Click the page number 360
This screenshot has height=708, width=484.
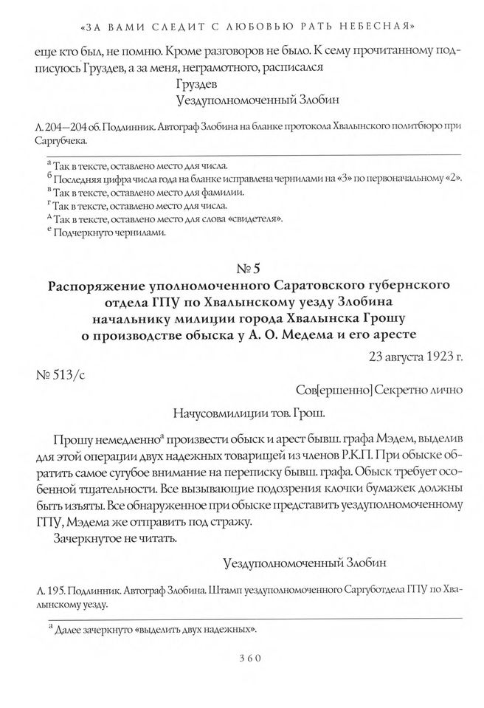pyautogui.click(x=241, y=659)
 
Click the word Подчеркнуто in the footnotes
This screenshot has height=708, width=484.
pyautogui.click(x=82, y=233)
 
